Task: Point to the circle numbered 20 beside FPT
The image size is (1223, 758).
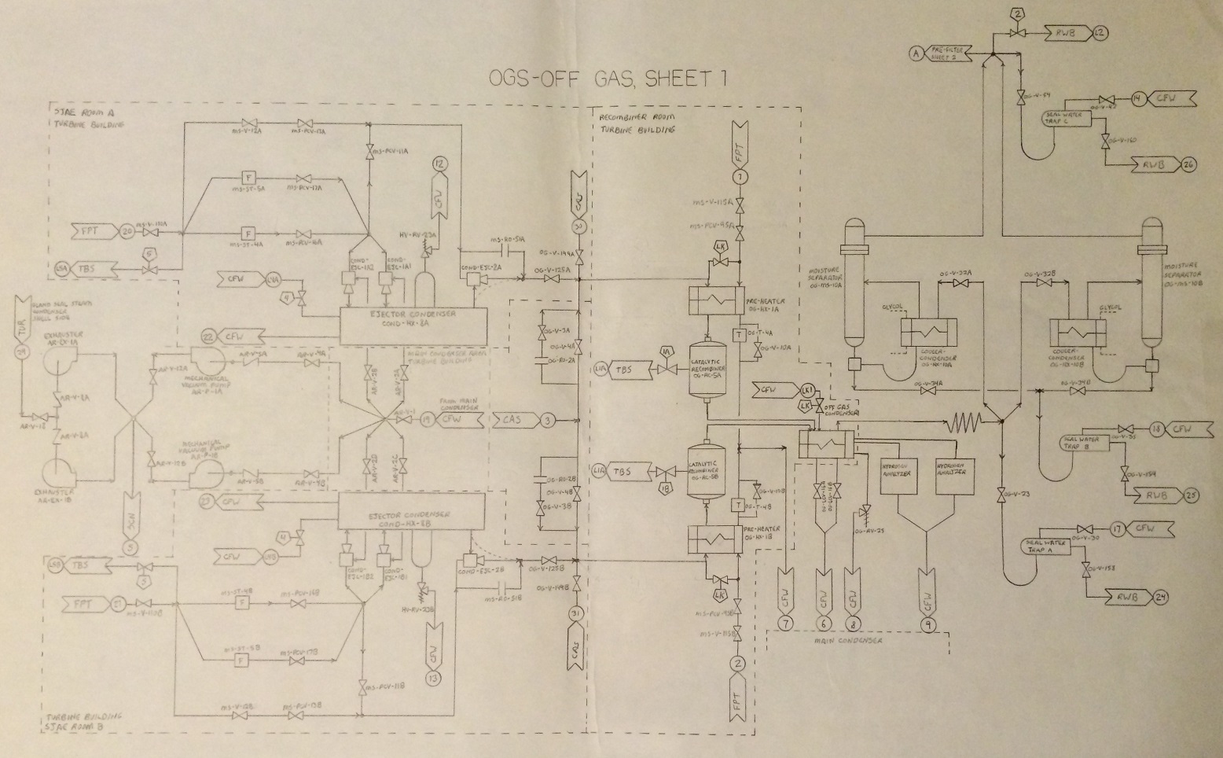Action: click(x=128, y=232)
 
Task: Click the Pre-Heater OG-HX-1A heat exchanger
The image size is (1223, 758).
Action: click(x=711, y=300)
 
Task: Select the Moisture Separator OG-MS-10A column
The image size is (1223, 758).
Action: click(x=854, y=283)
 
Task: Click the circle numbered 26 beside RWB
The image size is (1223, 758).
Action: click(x=1188, y=164)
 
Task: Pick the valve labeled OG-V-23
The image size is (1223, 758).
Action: click(x=1001, y=494)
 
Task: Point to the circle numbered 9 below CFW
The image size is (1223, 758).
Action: click(x=930, y=624)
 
